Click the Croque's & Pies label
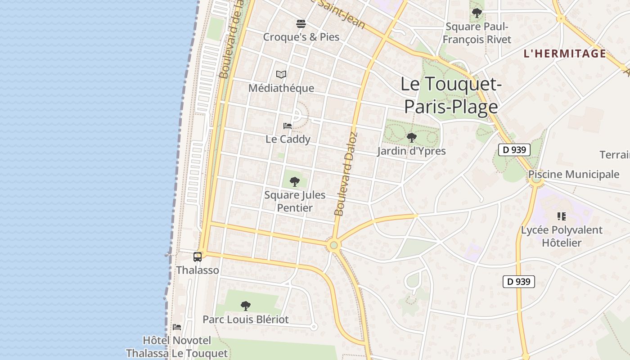coord(301,37)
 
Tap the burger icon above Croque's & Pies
coord(301,23)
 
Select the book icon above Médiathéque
coord(281,74)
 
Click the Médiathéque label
coord(281,88)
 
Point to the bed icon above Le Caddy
coord(288,126)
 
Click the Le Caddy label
coord(288,139)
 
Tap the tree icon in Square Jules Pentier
coord(295,182)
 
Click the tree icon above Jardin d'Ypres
coord(411,138)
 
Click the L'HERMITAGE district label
coord(565,54)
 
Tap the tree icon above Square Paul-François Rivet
coord(477,13)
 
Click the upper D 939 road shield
coord(514,150)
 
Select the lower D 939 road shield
coord(518,282)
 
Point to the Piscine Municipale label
coord(574,174)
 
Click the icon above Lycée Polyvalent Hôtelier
coord(561,216)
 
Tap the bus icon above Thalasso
coord(198,257)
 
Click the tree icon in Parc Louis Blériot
coord(245,306)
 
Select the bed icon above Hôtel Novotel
coord(177,327)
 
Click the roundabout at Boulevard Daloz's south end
coord(333,245)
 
